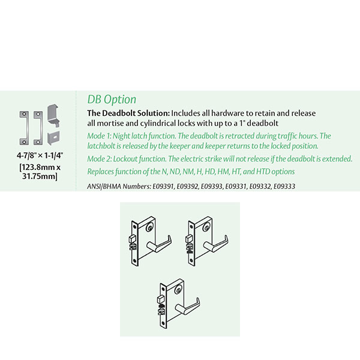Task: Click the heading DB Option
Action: point(112,100)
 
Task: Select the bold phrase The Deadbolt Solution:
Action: point(128,113)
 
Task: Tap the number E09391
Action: point(163,187)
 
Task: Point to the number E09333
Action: point(284,187)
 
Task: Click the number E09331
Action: point(236,187)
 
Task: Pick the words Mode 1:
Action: point(99,136)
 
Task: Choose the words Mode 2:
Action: point(100,159)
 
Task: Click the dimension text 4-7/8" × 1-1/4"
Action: point(40,155)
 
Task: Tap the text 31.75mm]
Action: point(40,176)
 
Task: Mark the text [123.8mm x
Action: point(40,167)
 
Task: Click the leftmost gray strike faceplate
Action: point(24,128)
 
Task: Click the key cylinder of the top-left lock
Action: point(150,228)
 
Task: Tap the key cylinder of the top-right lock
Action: point(206,228)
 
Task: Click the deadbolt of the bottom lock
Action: point(160,299)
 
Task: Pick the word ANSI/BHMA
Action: point(104,187)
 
